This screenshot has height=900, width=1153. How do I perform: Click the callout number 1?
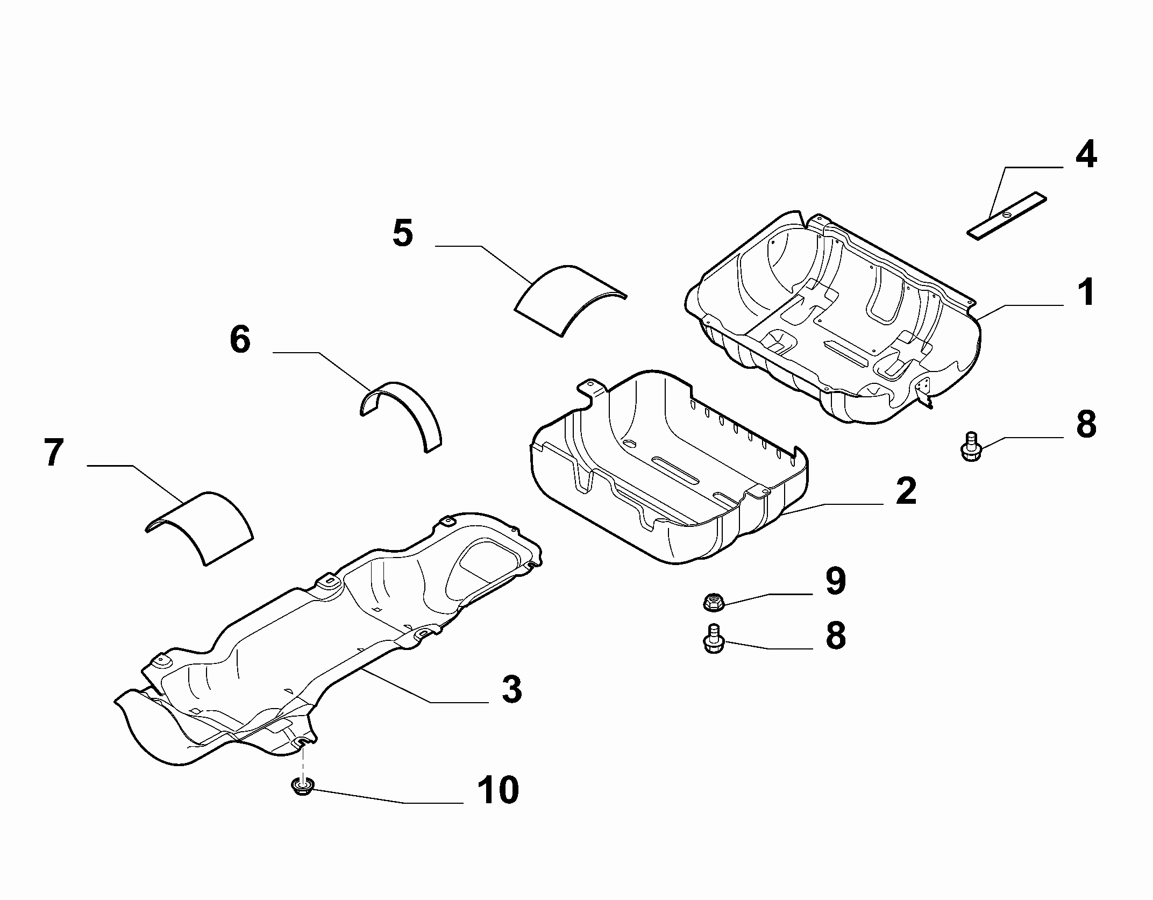point(1086,292)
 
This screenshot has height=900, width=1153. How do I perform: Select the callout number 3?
point(511,689)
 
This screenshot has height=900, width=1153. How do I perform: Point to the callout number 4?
point(1086,154)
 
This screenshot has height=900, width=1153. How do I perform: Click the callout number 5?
point(403,233)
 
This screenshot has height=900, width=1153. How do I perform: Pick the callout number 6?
point(240,339)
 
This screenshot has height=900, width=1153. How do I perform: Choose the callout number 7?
point(53,452)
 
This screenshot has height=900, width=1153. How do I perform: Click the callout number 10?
point(499,790)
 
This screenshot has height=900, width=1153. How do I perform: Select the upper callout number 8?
point(1086,424)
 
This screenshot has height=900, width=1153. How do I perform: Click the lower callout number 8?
point(835,635)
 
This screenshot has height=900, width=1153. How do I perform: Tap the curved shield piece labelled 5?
point(570,299)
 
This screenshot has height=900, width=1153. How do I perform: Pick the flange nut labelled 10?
point(302,788)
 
